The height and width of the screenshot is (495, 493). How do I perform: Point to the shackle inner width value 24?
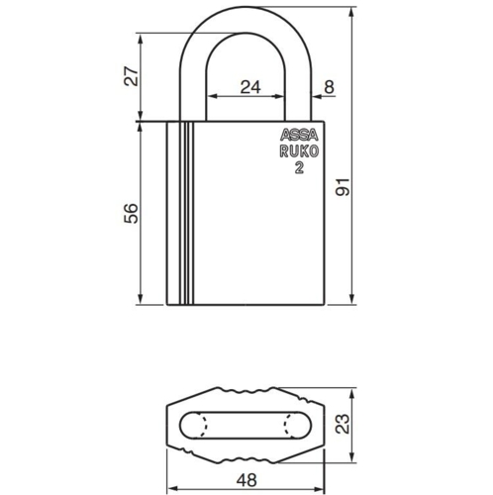click(x=250, y=87)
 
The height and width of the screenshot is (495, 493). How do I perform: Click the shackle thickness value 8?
click(x=329, y=87)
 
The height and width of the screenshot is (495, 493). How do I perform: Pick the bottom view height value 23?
click(x=369, y=425)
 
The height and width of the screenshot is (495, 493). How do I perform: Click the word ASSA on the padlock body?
click(x=297, y=137)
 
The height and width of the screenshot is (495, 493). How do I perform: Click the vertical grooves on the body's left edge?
click(x=184, y=213)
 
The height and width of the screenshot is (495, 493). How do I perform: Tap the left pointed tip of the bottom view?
click(x=165, y=425)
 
